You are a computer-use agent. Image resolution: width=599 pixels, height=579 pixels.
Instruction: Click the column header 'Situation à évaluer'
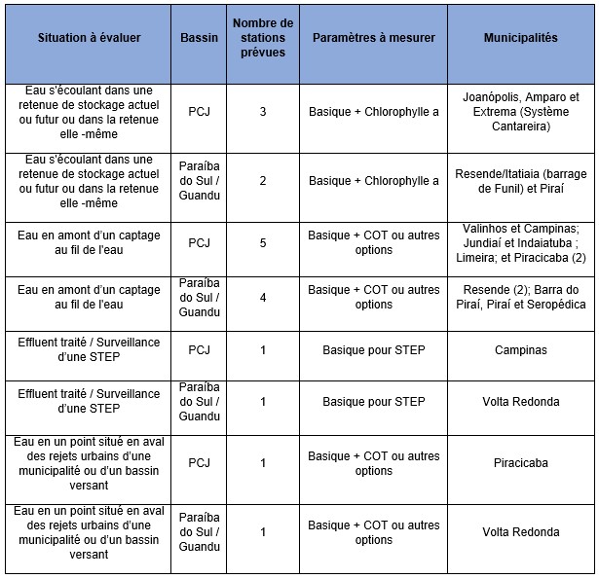[89, 38]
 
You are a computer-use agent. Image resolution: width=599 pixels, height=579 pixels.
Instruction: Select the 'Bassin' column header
[200, 38]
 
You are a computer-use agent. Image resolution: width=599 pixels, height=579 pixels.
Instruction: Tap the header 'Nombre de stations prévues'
[262, 38]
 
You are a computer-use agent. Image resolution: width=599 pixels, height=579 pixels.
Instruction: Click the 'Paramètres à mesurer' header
[374, 38]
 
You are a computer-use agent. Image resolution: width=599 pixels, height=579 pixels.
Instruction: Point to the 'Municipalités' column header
[520, 38]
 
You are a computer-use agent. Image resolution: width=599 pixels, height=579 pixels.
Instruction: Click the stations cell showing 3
[262, 112]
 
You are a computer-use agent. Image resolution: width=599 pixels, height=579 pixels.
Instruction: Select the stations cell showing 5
[262, 242]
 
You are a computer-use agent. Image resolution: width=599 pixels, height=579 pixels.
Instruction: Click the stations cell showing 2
[262, 180]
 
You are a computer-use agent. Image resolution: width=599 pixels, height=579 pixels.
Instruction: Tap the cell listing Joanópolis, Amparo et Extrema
[520, 112]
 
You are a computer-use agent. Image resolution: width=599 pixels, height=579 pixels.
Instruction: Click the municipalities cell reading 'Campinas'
[520, 349]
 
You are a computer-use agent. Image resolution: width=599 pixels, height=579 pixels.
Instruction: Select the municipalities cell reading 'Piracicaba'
[520, 463]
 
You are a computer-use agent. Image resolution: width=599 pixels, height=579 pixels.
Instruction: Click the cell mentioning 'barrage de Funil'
[520, 180]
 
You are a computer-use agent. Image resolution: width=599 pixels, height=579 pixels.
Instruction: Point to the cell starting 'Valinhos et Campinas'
[520, 242]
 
